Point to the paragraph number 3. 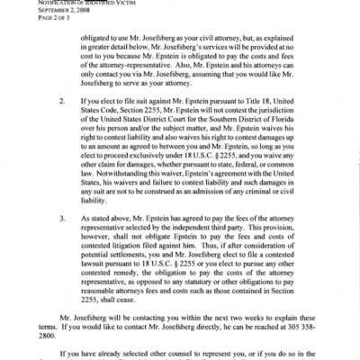point(61,218)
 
